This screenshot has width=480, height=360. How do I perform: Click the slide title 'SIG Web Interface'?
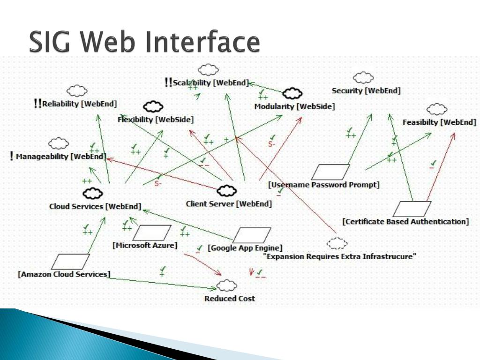[x=144, y=42]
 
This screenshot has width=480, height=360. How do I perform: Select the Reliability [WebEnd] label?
[x=79, y=104]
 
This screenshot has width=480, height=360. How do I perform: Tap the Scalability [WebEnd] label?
[x=210, y=83]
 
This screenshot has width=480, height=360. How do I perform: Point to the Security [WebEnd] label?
[x=366, y=91]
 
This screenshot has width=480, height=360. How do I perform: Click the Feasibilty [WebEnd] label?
[x=439, y=122]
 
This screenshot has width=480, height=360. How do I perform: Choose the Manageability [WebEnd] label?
[x=61, y=157]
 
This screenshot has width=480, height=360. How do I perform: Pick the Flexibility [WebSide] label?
[x=155, y=120]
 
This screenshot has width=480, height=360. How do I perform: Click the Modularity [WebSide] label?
[x=294, y=106]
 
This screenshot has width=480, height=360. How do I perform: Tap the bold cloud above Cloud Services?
[x=93, y=193]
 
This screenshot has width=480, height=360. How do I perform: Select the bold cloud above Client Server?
[x=227, y=190]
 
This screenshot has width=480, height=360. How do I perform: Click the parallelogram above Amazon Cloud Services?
[x=70, y=262]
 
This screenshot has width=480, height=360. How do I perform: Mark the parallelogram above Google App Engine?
[x=252, y=235]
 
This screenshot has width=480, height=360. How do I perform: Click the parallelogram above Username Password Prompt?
[x=330, y=172]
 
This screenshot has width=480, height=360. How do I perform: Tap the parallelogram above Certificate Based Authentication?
[x=412, y=209]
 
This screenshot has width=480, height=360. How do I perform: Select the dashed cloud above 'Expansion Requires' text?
[x=337, y=243]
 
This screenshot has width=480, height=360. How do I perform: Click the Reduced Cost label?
[x=230, y=299]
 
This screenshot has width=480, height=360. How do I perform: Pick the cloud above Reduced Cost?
[x=227, y=285]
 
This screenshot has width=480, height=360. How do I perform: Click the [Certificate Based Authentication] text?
[x=405, y=222]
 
